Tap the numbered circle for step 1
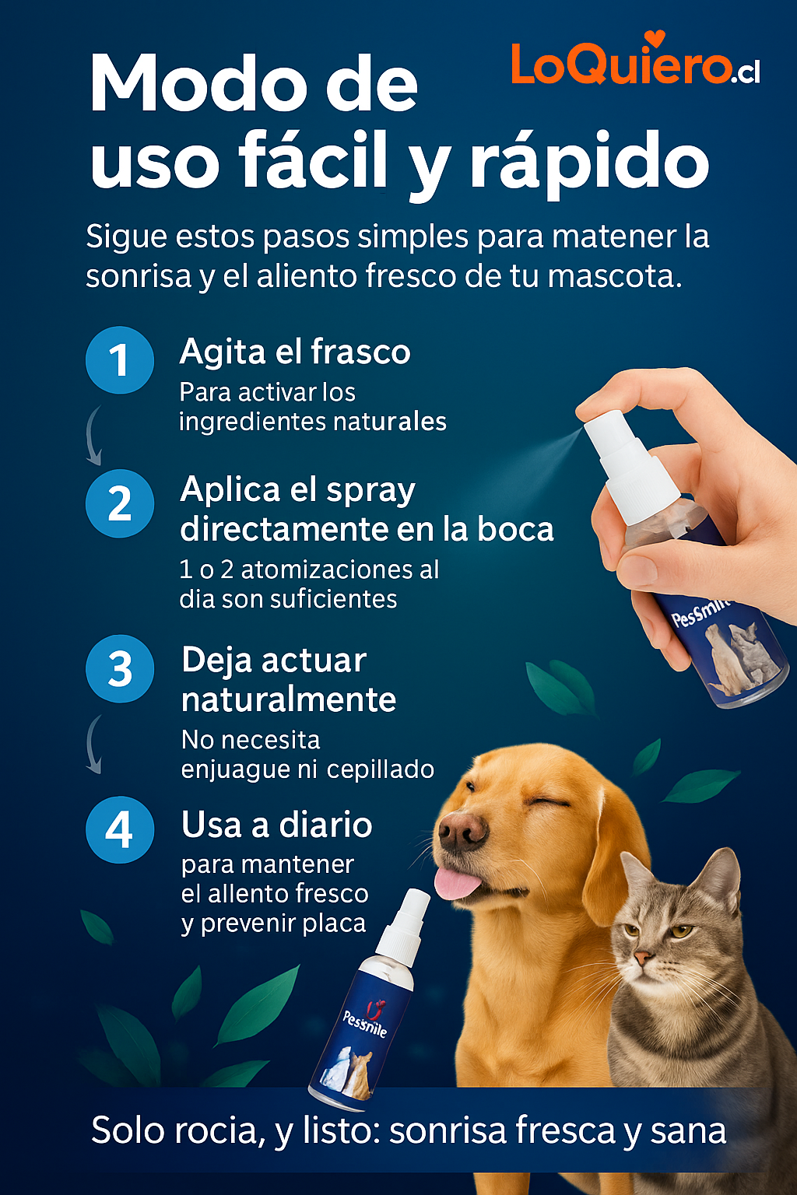119,360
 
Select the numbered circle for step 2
119,503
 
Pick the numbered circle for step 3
119,669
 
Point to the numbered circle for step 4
119,829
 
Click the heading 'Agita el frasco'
295,352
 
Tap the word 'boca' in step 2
515,530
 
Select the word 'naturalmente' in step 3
289,699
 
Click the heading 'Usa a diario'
277,825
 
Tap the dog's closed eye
546,801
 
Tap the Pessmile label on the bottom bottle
364,1024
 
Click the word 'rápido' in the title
589,162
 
